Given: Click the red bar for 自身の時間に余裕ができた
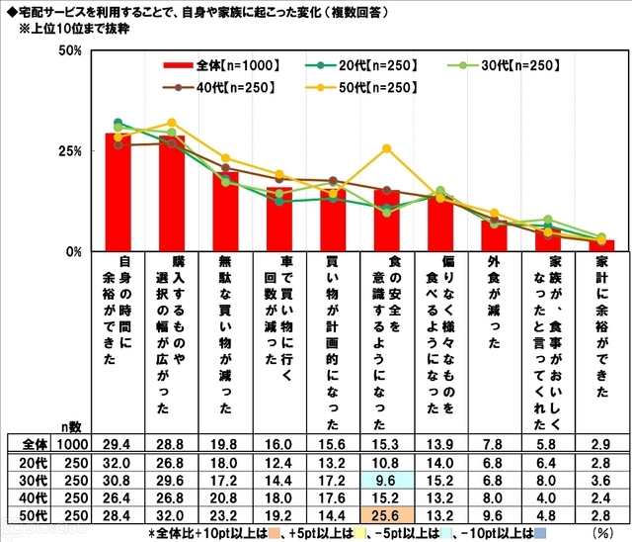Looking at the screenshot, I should tap(118, 193).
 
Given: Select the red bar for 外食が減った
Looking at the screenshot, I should tap(494, 236).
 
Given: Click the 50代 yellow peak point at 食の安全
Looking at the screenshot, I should tap(386, 148).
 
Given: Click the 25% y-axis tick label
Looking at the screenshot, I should tap(68, 150).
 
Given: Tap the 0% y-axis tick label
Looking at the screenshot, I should tap(72, 251).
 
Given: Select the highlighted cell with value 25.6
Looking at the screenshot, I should tap(386, 515).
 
